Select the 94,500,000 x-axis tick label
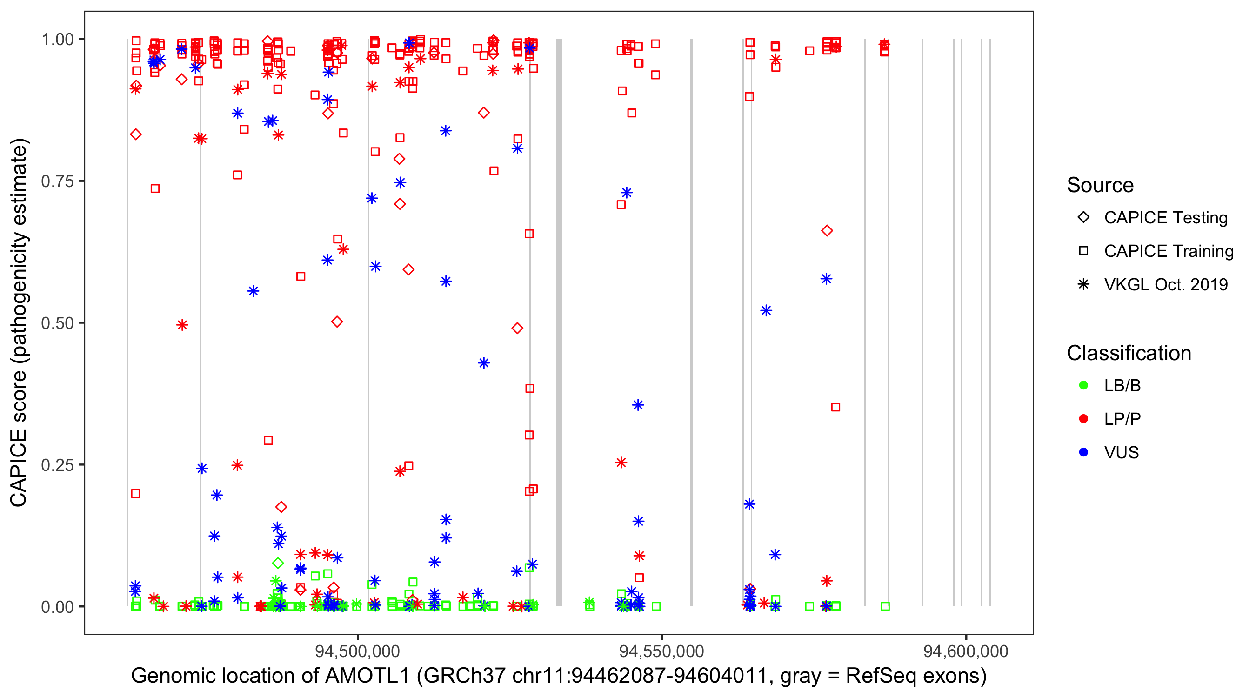click(357, 651)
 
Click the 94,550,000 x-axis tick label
click(661, 651)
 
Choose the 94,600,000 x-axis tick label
click(966, 651)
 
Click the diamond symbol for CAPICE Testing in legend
click(1083, 218)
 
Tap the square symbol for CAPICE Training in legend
click(1083, 251)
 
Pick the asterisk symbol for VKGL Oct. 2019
click(1083, 284)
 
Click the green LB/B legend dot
click(1083, 385)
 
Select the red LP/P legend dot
click(1083, 419)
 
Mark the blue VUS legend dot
click(1083, 452)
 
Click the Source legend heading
click(1100, 185)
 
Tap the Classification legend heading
click(1129, 353)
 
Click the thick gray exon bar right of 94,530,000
click(559, 322)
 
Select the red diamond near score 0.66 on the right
click(827, 231)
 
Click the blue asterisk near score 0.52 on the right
click(766, 311)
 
